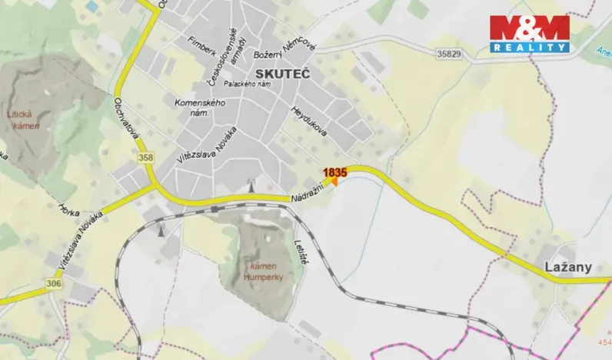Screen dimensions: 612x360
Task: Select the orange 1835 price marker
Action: coord(335,175)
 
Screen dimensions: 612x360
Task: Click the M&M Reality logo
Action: coord(530,33)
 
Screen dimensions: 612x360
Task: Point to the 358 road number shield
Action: coord(146,158)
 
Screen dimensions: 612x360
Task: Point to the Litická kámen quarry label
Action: coord(22,118)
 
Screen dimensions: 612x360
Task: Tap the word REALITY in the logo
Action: coord(531,47)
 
